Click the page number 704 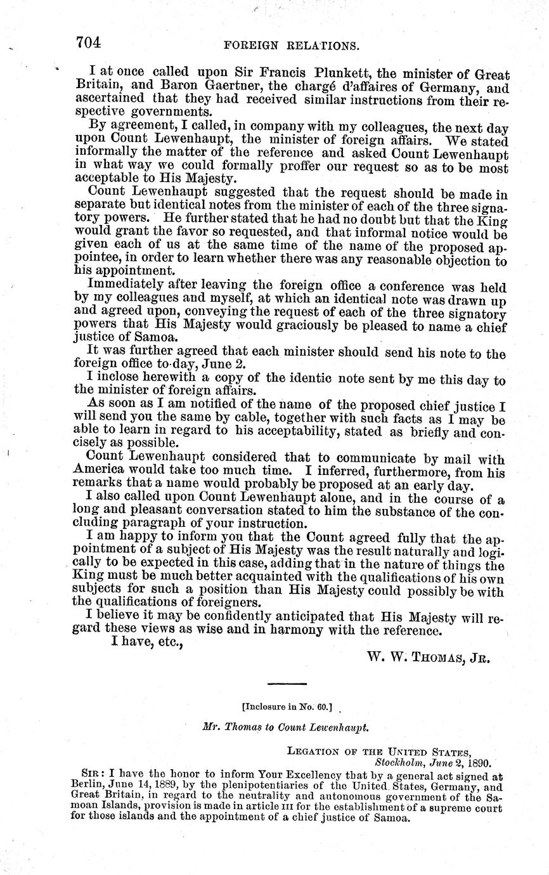89,43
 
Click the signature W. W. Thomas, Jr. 429,658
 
